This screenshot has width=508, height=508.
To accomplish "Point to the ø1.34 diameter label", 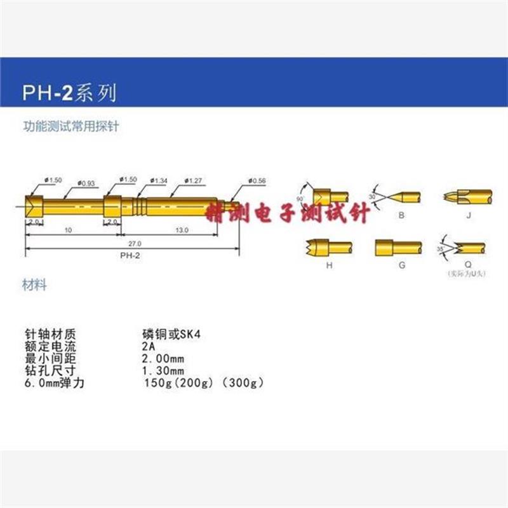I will tap(158, 181).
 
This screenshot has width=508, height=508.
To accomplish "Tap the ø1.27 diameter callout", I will tap(192, 181).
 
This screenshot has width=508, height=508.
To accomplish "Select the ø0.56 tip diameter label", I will tap(257, 181).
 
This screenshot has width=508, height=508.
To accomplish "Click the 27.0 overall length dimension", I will tap(134, 243).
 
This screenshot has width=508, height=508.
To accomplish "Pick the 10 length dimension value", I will tap(68, 231).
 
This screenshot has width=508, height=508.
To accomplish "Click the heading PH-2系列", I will tap(70, 95).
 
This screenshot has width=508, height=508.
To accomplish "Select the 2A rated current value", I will tap(148, 346).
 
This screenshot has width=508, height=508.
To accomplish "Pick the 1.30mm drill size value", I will tap(163, 370).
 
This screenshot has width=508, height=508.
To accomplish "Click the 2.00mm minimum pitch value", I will tap(163, 358).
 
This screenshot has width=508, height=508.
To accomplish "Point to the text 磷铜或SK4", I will tap(171, 334).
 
